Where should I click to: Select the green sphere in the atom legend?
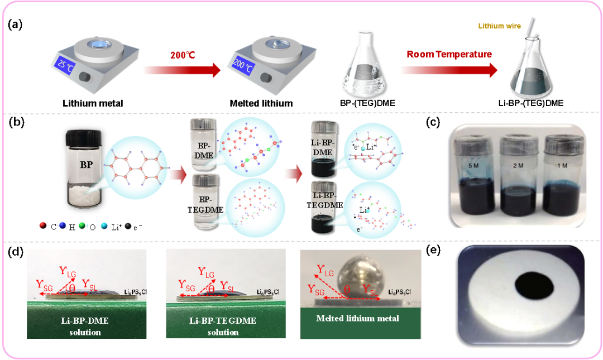82,225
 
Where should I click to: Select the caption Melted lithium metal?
357,318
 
